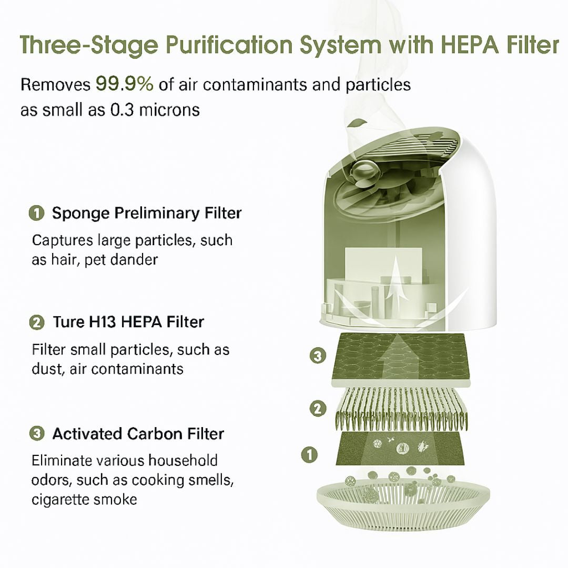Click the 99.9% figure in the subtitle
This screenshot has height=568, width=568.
(x=124, y=84)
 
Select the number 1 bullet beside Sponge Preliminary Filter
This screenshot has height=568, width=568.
(x=36, y=213)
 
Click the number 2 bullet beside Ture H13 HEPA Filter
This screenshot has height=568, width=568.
(x=36, y=322)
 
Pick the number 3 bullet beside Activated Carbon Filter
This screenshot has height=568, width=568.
(x=36, y=434)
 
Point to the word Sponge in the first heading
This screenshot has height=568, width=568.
(x=82, y=213)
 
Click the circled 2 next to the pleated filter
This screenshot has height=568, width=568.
(x=317, y=408)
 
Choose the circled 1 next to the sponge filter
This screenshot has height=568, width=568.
(x=310, y=454)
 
